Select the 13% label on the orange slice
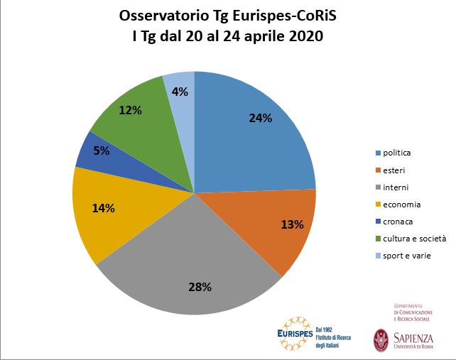pos(293,224)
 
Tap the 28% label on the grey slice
pos(200,287)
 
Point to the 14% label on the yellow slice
pos(104,209)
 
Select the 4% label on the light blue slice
pos(180,92)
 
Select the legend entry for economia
pos(401,204)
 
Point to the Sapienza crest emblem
pos(381,339)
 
